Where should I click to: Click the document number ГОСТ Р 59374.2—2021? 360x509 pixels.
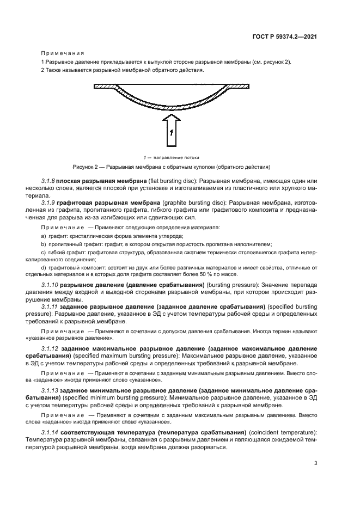[291, 36]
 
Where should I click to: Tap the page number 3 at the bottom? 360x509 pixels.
[315, 464]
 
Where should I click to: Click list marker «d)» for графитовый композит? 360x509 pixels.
[44, 267]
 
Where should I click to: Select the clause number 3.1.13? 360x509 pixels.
[51, 391]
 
